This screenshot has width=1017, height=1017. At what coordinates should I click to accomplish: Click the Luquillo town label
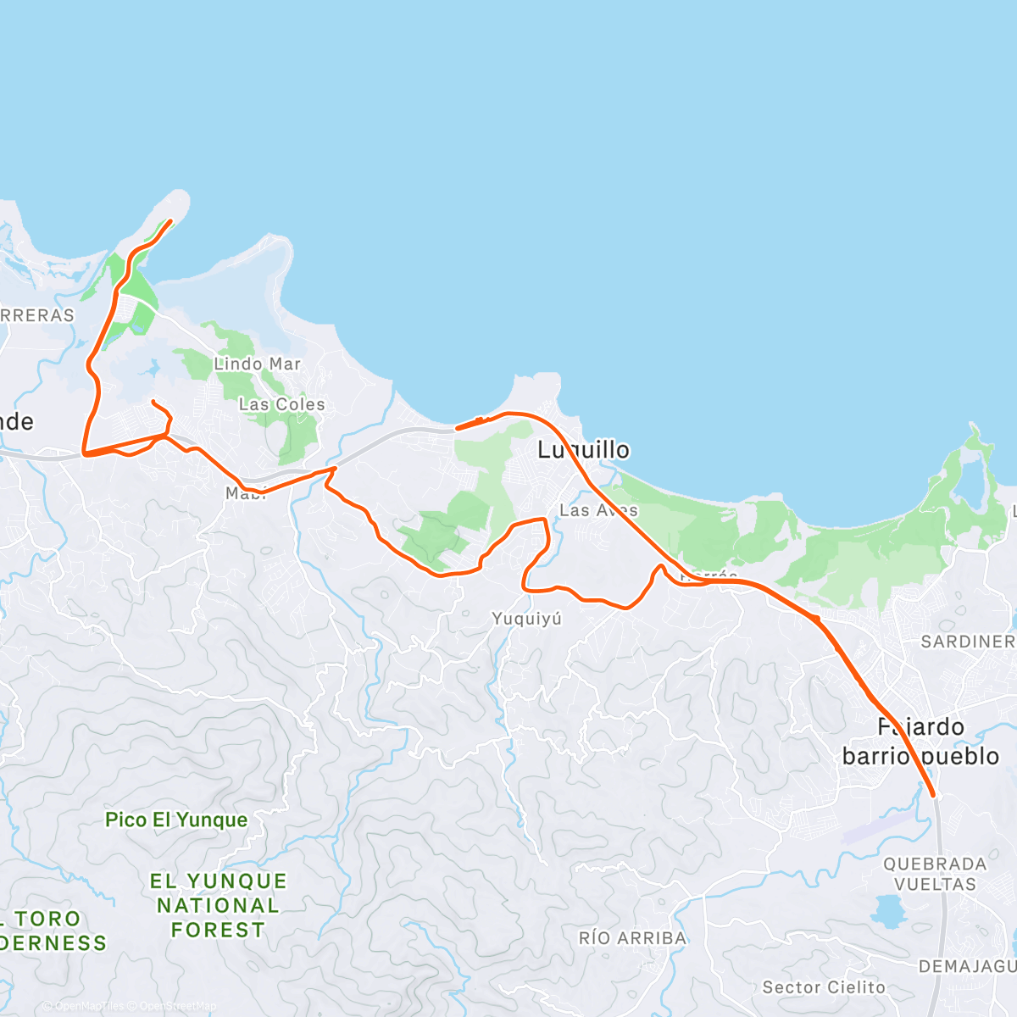point(583,449)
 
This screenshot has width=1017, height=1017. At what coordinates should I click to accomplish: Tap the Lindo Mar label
point(257,364)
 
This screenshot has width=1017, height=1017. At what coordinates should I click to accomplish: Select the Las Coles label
point(281,404)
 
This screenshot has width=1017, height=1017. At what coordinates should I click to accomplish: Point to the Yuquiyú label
point(526,619)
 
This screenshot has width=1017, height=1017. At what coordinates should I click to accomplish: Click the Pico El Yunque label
point(176,820)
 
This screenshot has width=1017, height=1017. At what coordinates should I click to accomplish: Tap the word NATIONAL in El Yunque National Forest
point(218,905)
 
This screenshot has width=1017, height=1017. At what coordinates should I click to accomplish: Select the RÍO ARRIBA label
point(632,938)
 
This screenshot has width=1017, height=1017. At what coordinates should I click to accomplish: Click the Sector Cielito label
point(824,987)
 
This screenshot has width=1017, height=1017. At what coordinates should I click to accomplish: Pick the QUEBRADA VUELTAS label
point(935,874)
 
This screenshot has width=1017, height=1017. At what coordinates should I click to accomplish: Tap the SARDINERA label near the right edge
point(967,642)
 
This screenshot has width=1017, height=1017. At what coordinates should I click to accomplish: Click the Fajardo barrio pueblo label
point(920,742)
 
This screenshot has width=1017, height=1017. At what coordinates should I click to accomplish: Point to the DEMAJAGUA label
point(966,967)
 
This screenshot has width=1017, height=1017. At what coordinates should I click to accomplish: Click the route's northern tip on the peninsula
point(171,221)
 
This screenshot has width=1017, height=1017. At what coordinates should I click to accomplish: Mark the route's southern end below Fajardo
point(933,796)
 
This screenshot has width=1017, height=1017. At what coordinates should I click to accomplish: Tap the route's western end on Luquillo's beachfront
point(458,428)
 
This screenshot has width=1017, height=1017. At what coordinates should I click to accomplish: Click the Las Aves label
point(598,510)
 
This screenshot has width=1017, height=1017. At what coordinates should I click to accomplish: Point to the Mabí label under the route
point(245,494)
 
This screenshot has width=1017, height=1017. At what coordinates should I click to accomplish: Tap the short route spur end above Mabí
point(153,401)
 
